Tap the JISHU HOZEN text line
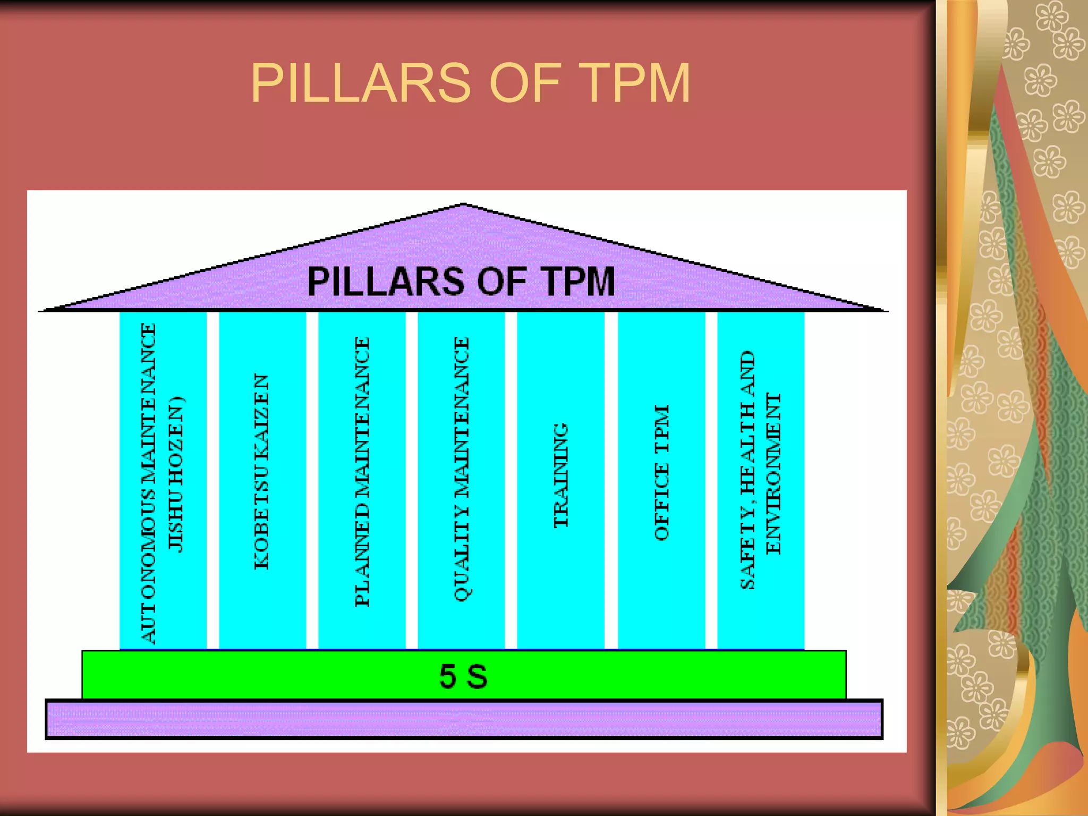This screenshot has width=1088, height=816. point(175,474)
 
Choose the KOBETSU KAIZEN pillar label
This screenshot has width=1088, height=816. point(261,472)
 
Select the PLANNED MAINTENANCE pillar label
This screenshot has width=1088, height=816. point(362,472)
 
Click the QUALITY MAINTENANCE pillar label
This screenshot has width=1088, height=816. point(461,469)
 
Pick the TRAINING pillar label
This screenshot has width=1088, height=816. point(561,475)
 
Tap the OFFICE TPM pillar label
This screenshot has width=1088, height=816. point(661,473)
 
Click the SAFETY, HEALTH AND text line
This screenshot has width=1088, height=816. point(747,470)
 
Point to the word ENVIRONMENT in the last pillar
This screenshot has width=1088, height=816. point(773,473)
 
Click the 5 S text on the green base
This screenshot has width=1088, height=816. point(463,676)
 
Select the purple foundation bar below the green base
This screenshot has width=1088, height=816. point(463,719)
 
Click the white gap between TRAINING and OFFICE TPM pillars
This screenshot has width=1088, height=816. point(611,478)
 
